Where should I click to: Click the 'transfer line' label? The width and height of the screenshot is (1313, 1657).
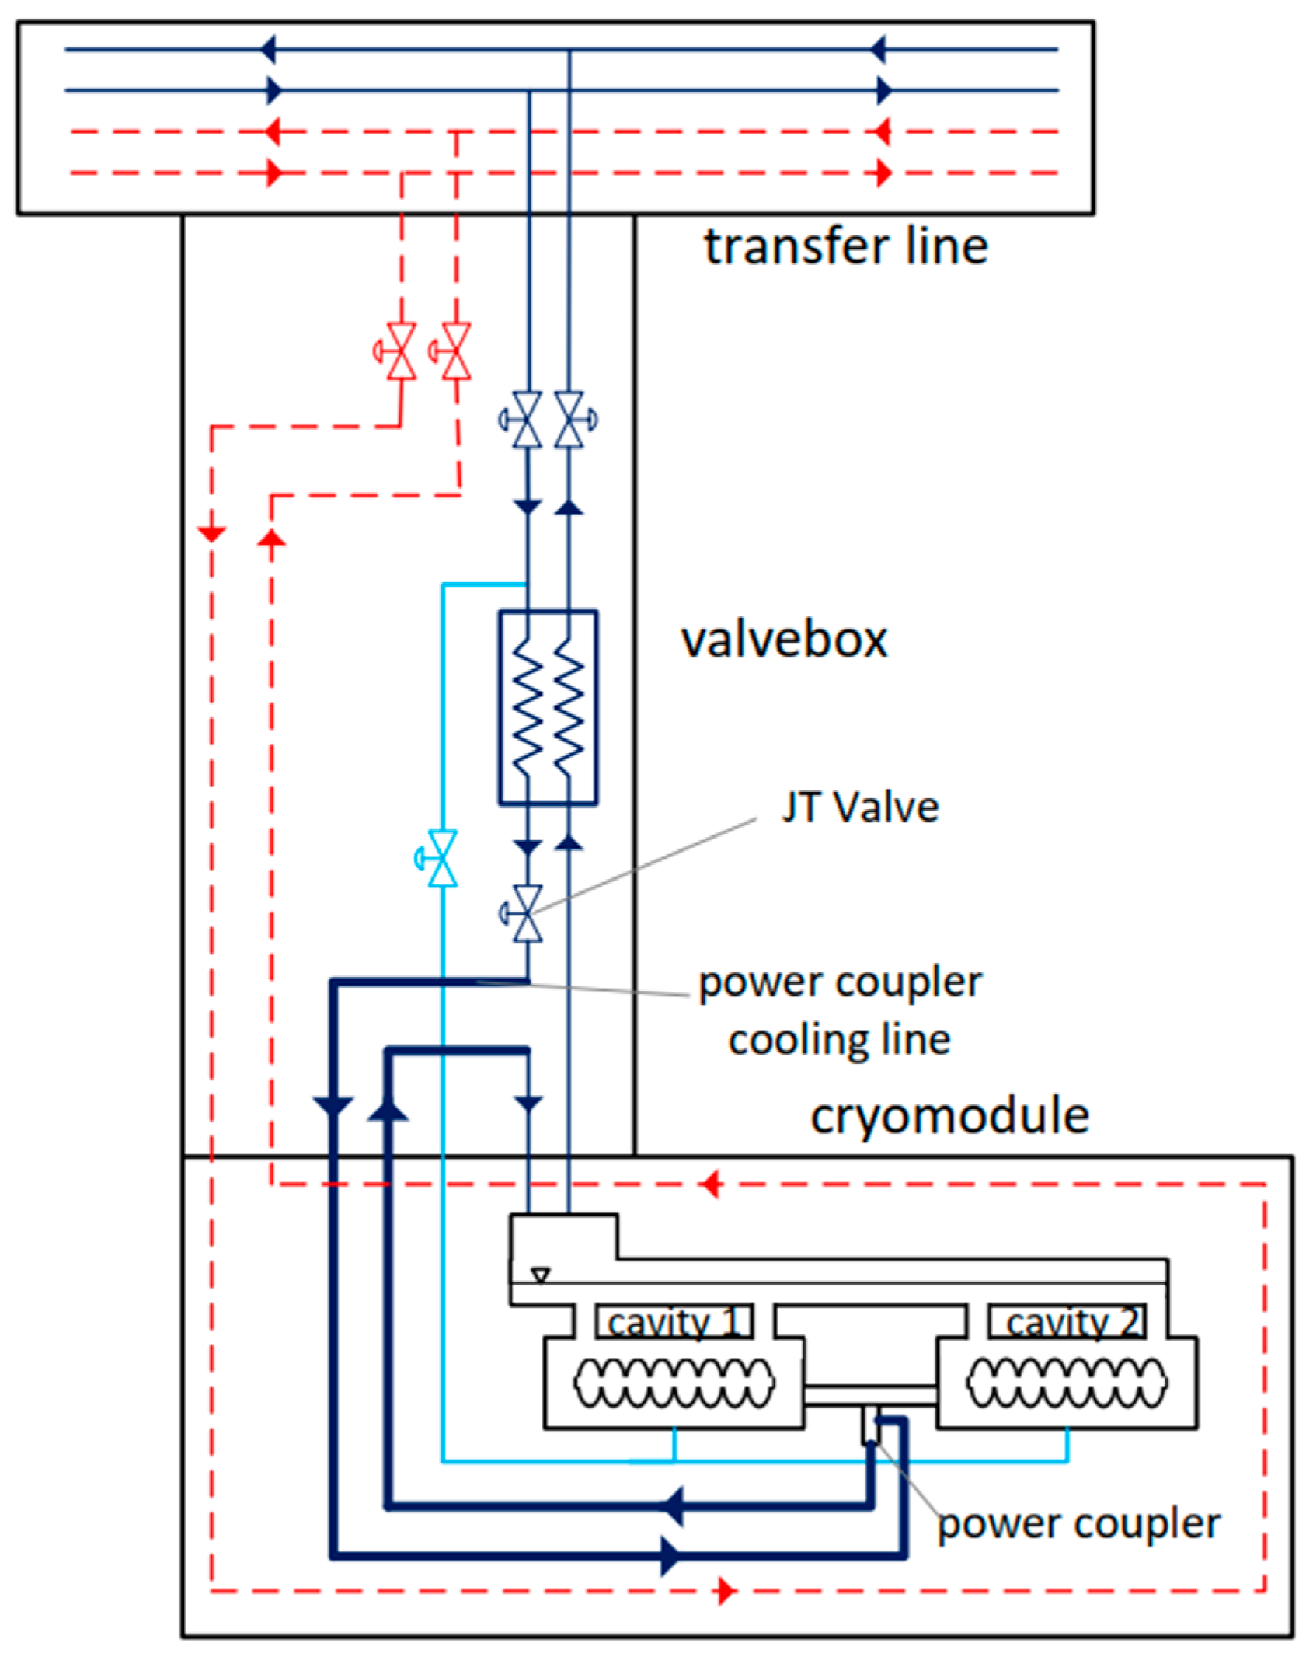click(x=845, y=246)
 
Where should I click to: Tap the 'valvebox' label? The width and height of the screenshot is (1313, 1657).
click(x=784, y=640)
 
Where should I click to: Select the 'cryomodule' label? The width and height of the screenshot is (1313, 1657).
click(x=949, y=1117)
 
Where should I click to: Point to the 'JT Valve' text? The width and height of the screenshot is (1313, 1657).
click(x=860, y=807)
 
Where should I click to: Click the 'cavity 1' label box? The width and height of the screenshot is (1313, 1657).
click(x=674, y=1321)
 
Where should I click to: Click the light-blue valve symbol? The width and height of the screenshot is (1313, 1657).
click(x=438, y=858)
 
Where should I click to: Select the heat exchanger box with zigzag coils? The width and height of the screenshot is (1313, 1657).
click(x=548, y=706)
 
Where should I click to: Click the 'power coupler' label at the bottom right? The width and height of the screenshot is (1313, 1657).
click(x=1078, y=1525)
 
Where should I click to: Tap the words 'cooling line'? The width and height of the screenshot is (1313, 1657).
click(x=839, y=1040)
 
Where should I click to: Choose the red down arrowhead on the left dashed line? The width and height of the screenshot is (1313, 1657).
click(x=211, y=534)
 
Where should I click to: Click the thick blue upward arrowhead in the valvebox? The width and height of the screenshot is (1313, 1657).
click(x=388, y=1108)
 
